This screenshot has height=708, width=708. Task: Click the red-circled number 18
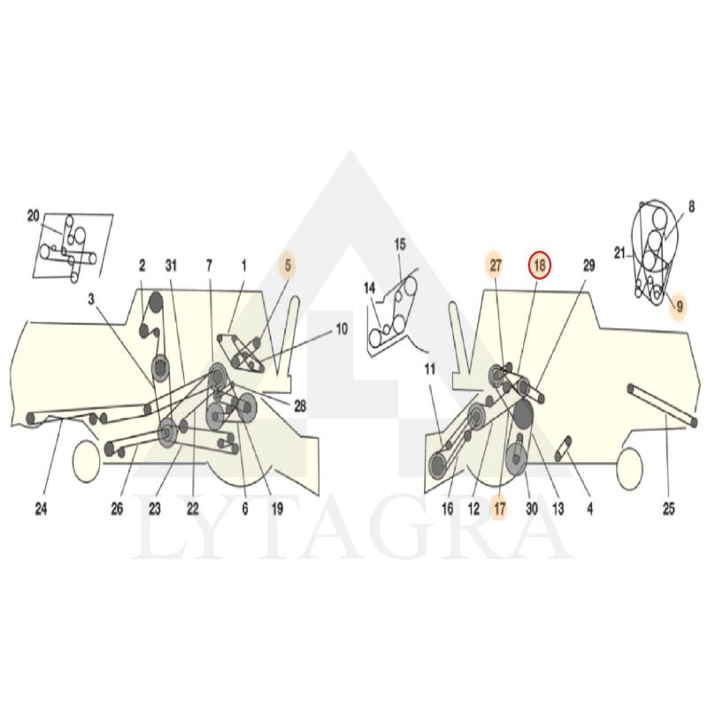540,265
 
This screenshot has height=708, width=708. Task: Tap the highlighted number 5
288,265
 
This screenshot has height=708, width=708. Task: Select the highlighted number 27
496,265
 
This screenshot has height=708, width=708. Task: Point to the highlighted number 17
499,509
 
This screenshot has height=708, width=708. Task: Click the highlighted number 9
679,306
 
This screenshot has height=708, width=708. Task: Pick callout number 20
34,216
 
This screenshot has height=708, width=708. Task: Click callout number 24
41,509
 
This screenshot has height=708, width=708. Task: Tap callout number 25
669,509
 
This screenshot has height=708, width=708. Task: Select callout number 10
342,328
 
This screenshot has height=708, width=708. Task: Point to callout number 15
400,244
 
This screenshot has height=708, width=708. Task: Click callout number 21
619,253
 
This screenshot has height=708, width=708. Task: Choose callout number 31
171,265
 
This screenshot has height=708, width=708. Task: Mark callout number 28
300,406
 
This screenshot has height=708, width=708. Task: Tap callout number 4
589,509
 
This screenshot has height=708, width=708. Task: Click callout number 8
691,208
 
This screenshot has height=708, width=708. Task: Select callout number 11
430,369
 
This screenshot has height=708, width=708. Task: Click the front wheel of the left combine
86,461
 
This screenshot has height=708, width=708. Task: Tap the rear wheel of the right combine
629,469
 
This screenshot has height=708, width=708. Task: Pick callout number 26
117,509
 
